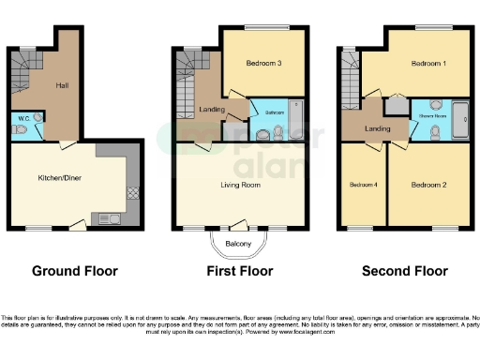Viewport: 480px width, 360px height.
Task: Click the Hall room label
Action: click(62, 85)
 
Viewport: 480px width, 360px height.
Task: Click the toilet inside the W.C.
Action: click(37, 118)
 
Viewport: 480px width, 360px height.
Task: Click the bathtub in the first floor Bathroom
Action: click(296, 114)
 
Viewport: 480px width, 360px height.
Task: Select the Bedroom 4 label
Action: click(363, 185)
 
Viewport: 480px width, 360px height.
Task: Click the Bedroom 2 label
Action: click(428, 185)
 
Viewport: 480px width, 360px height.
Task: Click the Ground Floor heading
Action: click(75, 272)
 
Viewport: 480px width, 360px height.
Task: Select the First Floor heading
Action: click(240, 272)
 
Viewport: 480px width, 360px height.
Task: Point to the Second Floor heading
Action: click(405, 272)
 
